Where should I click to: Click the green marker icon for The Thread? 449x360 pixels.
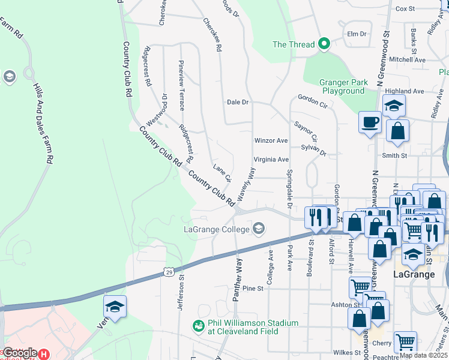[325, 44]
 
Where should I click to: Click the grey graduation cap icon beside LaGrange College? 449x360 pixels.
[259, 228]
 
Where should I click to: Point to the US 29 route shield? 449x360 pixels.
[170, 273]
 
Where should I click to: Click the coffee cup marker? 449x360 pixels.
[370, 123]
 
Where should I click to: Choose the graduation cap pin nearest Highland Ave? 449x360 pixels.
[394, 106]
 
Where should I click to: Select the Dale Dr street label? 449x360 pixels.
[238, 102]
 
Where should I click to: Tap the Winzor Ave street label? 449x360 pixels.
[271, 140]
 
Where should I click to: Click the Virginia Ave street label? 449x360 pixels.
[271, 160]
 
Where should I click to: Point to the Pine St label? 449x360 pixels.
[253, 289]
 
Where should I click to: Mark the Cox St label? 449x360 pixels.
[405, 8]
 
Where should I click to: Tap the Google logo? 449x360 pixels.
[19, 353]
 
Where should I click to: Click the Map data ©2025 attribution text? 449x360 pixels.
[423, 355]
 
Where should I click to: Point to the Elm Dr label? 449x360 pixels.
[357, 34]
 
